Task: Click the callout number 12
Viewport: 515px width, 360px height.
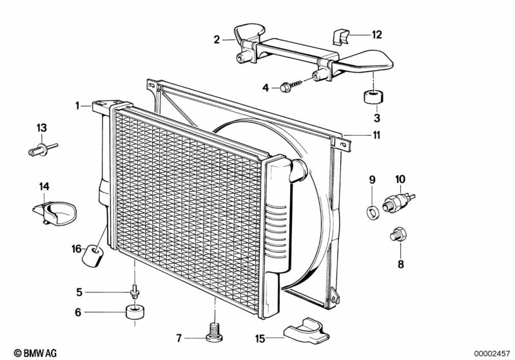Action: (x=376, y=35)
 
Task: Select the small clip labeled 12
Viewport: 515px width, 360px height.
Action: (x=341, y=37)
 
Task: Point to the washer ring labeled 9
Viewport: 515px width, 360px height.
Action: (x=372, y=212)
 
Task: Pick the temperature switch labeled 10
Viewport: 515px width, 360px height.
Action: (x=398, y=202)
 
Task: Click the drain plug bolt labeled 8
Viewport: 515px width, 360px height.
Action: (x=398, y=235)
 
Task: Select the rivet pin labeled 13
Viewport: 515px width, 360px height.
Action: (x=43, y=149)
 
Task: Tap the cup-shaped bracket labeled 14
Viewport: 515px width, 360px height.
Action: (x=55, y=213)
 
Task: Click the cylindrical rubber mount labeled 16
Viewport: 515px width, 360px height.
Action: (x=92, y=256)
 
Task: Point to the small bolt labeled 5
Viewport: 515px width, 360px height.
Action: (x=135, y=292)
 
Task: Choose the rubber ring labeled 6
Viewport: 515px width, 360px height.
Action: (x=135, y=312)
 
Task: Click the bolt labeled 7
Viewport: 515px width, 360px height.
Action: (x=214, y=332)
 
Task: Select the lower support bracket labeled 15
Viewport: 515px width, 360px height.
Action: (x=306, y=330)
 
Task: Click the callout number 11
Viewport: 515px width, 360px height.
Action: (x=376, y=135)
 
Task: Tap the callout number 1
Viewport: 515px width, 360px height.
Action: (x=77, y=106)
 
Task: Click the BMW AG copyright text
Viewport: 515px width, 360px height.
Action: (x=35, y=353)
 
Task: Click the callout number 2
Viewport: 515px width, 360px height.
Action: (x=217, y=40)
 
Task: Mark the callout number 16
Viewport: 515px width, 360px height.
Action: (x=77, y=249)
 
